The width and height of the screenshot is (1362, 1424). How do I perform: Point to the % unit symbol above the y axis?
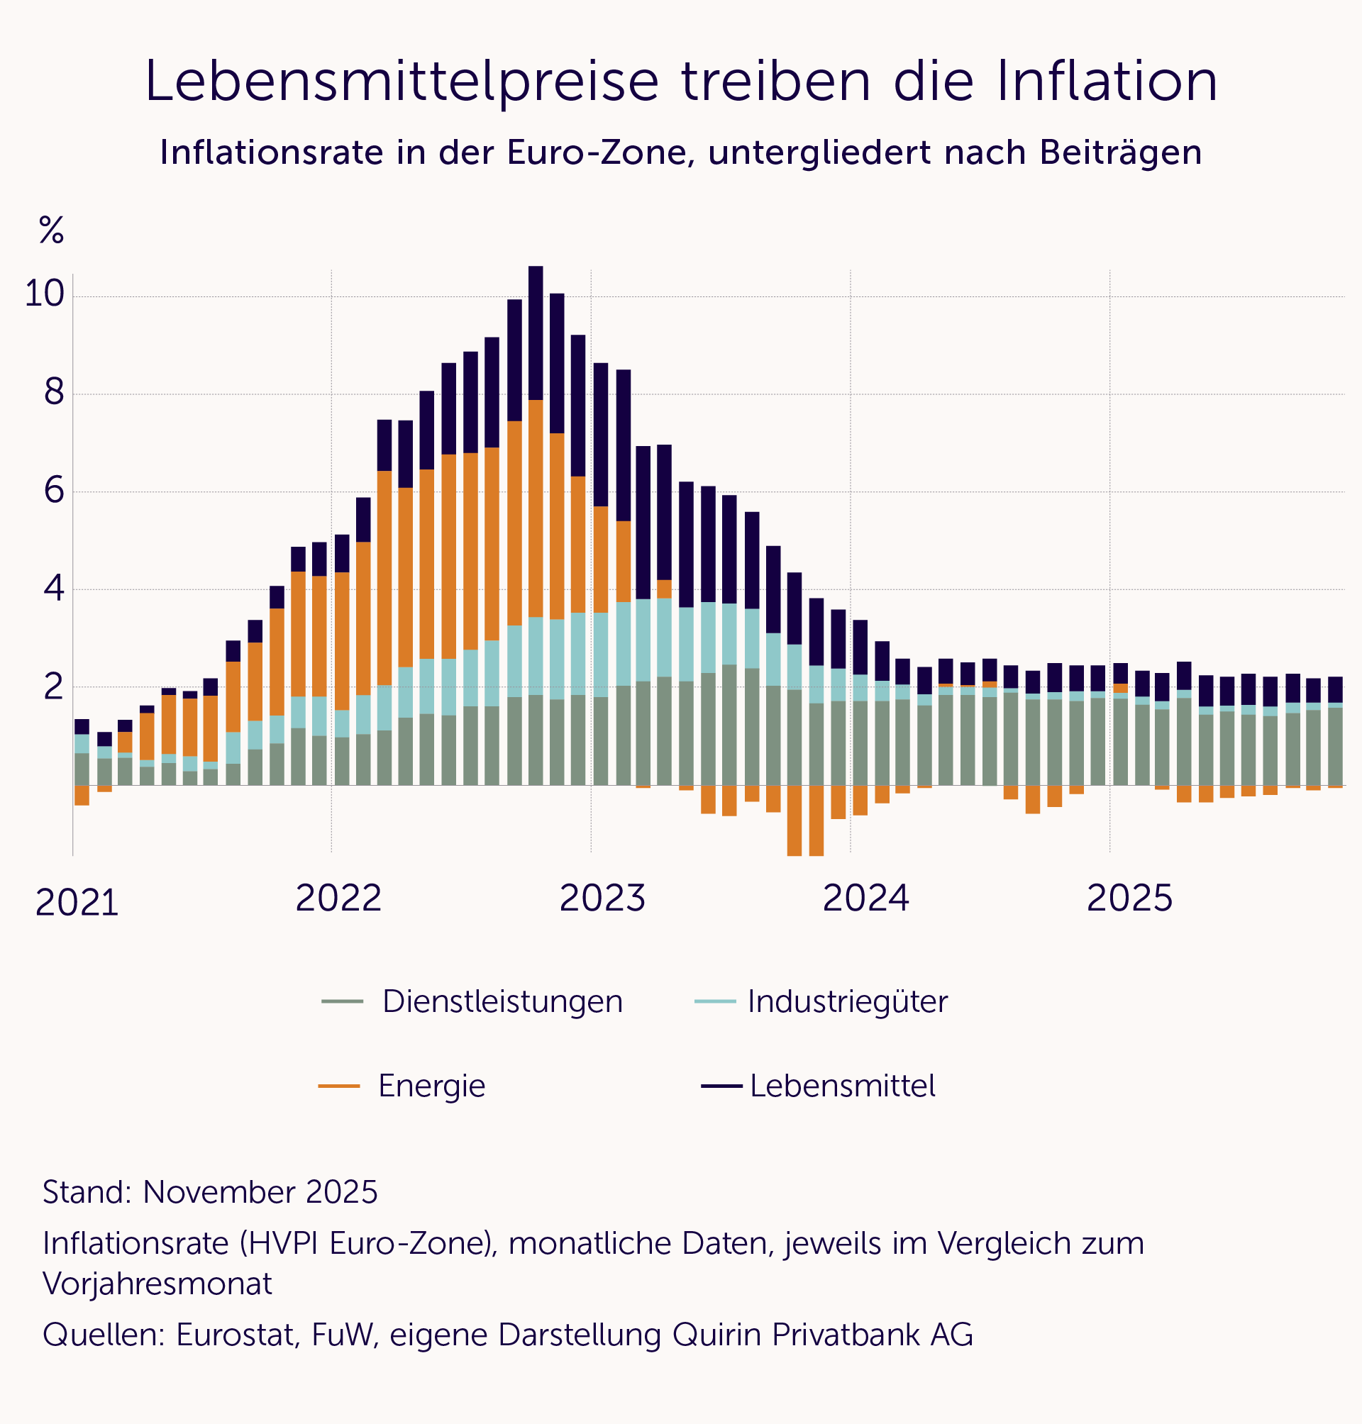pyautogui.click(x=52, y=230)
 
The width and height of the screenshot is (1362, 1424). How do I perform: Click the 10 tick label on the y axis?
pyautogui.click(x=44, y=295)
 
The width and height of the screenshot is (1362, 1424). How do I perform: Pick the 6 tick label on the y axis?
pyautogui.click(x=55, y=491)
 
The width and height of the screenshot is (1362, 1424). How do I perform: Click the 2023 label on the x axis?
pyautogui.click(x=602, y=899)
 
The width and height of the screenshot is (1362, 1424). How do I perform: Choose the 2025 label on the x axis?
pyautogui.click(x=1129, y=899)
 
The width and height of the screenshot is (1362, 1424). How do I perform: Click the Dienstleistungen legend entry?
pyautogui.click(x=502, y=1001)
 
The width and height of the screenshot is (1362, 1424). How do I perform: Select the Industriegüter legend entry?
pyautogui.click(x=847, y=1001)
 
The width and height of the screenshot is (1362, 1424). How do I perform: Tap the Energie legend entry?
pyautogui.click(x=431, y=1086)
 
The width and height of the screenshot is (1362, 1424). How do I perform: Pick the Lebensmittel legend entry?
pyautogui.click(x=842, y=1086)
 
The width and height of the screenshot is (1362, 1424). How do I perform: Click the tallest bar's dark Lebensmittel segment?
pyautogui.click(x=536, y=334)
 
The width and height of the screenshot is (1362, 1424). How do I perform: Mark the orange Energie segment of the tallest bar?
pyautogui.click(x=536, y=508)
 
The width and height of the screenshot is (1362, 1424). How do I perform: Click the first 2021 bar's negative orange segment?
pyautogui.click(x=82, y=795)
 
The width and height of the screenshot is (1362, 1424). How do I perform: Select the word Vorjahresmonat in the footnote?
pyautogui.click(x=157, y=1284)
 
